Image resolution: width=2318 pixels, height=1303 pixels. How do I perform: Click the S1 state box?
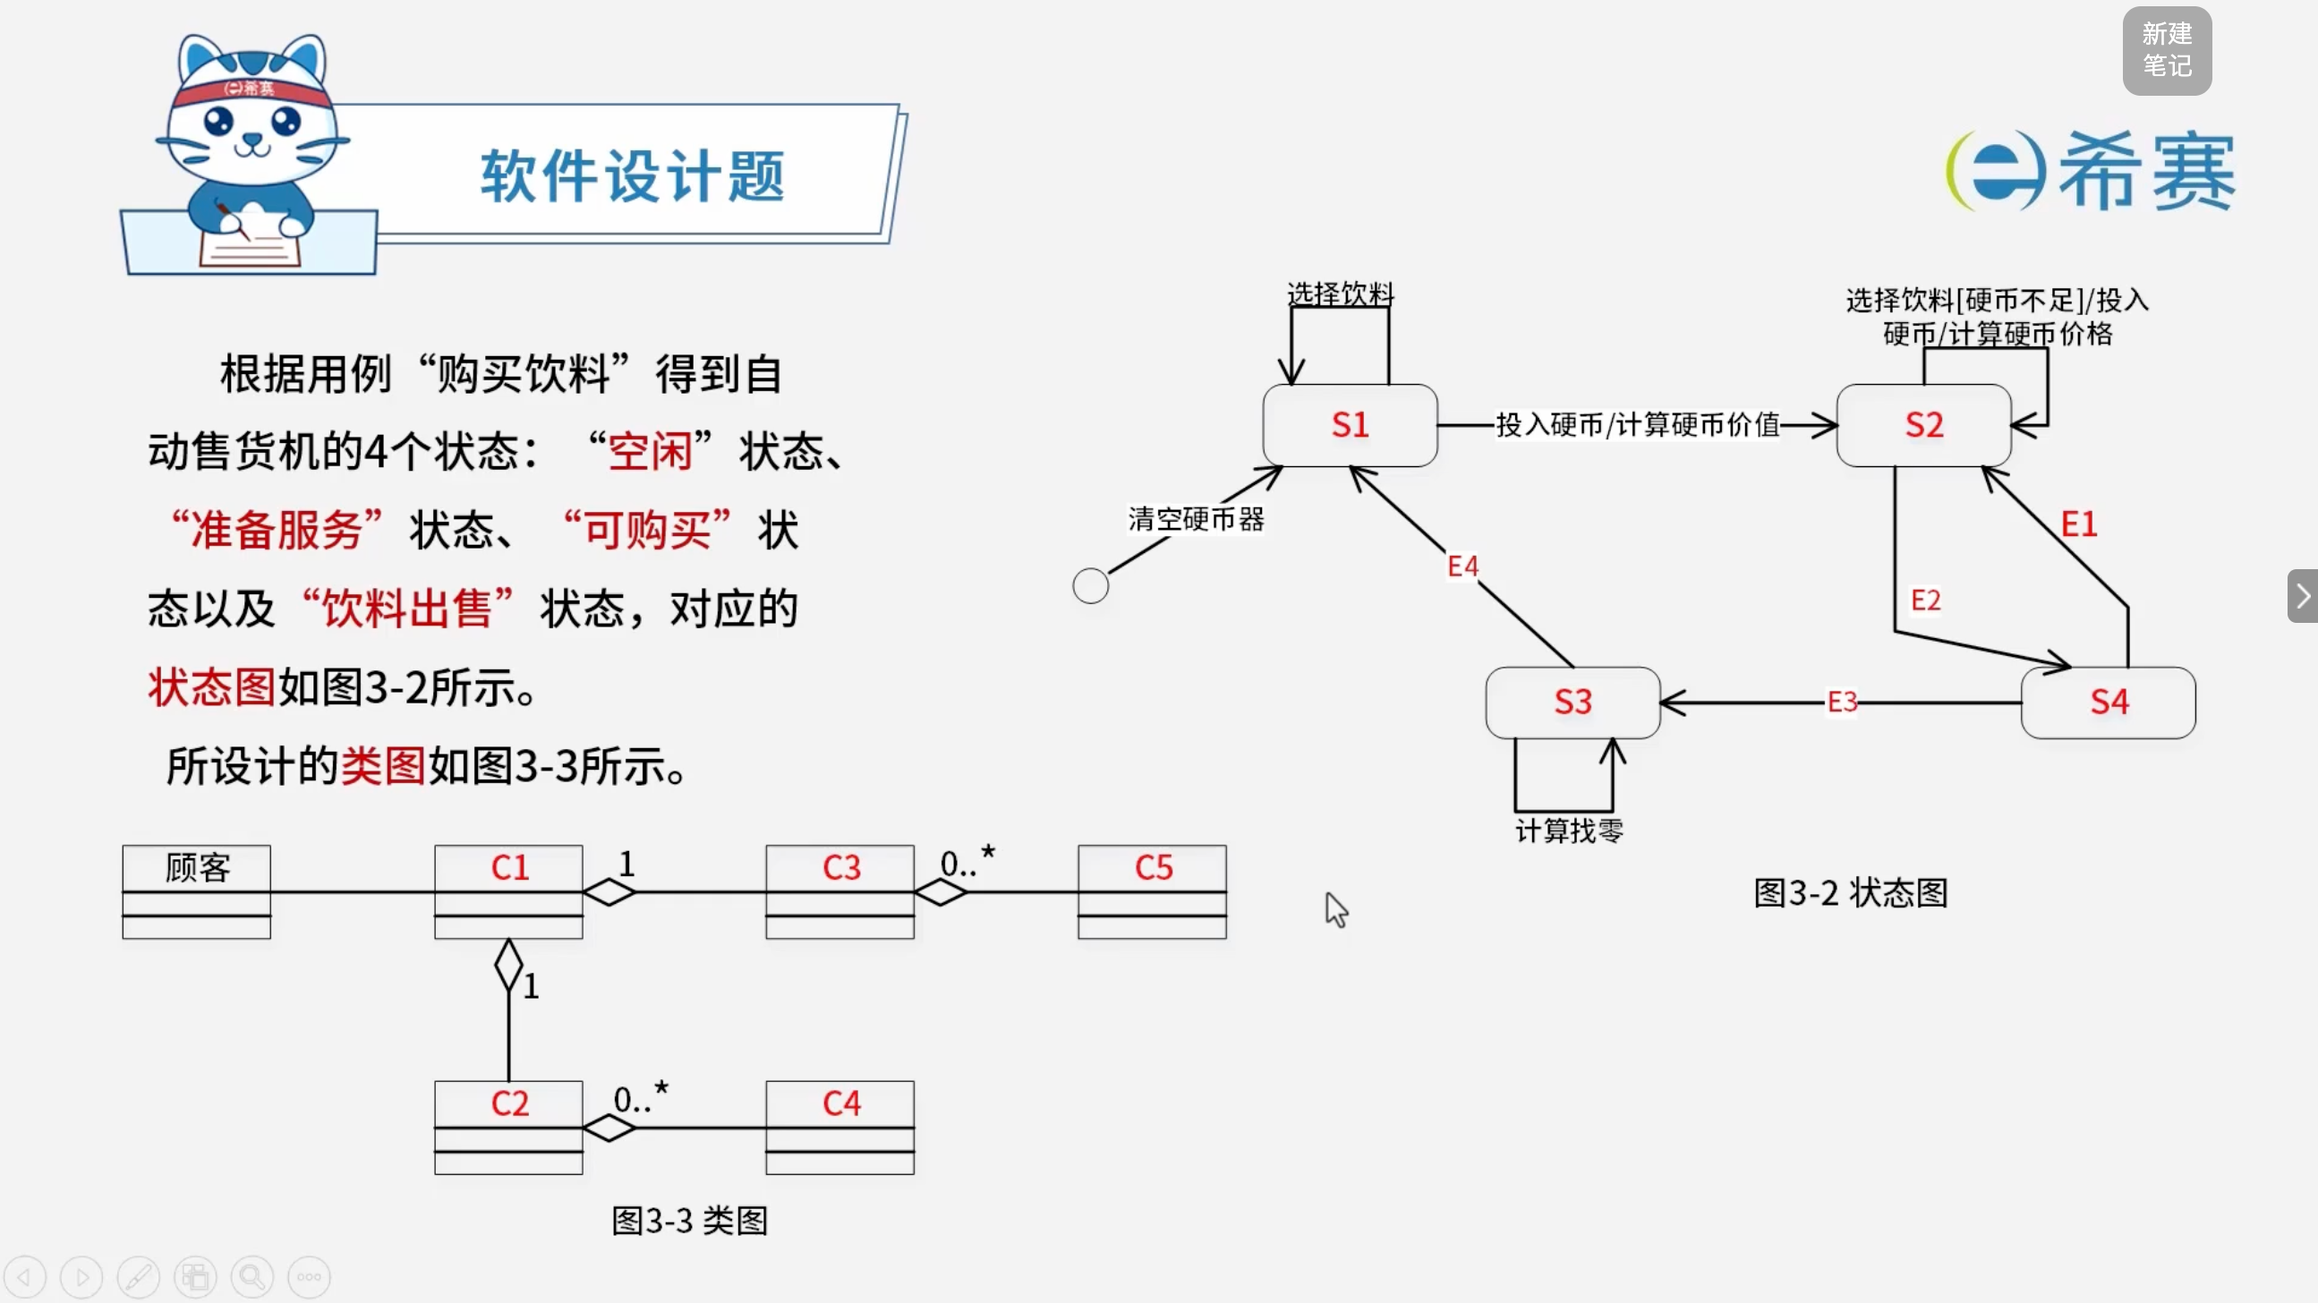point(1350,425)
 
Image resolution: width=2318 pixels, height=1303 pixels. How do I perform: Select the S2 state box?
point(1924,425)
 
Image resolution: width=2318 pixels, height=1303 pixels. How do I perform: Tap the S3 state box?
point(1573,702)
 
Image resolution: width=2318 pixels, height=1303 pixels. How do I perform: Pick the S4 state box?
point(2109,702)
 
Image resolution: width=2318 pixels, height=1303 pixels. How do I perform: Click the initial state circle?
point(1091,586)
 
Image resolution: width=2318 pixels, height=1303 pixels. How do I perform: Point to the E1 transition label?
point(2079,524)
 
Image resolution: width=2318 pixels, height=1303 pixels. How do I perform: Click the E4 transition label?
point(1462,566)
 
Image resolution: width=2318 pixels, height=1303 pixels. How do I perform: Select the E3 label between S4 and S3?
point(1842,702)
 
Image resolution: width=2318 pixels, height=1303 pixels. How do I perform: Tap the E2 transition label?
point(1926,600)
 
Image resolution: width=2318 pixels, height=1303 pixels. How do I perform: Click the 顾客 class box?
point(197,891)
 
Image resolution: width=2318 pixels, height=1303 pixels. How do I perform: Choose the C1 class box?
point(508,891)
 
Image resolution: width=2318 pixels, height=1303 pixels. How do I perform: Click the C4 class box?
point(840,1128)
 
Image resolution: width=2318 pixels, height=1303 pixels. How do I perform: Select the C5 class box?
point(1153,891)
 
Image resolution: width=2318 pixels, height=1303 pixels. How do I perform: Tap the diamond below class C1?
point(508,966)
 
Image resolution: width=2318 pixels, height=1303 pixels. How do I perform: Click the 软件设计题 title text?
point(633,175)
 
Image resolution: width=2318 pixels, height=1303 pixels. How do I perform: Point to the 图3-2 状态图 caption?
point(1851,892)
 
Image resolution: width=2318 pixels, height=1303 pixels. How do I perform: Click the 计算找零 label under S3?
point(1569,830)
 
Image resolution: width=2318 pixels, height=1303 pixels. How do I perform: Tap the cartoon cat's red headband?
point(250,91)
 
